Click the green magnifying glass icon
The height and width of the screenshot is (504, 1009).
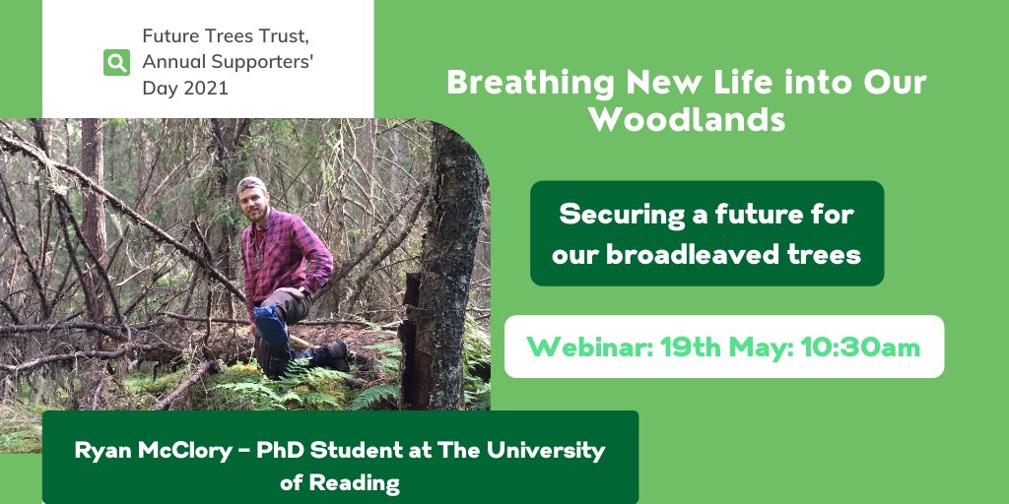[x=117, y=63]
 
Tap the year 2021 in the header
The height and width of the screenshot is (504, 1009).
[x=204, y=88]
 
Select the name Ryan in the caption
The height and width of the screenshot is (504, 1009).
[x=102, y=451]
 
